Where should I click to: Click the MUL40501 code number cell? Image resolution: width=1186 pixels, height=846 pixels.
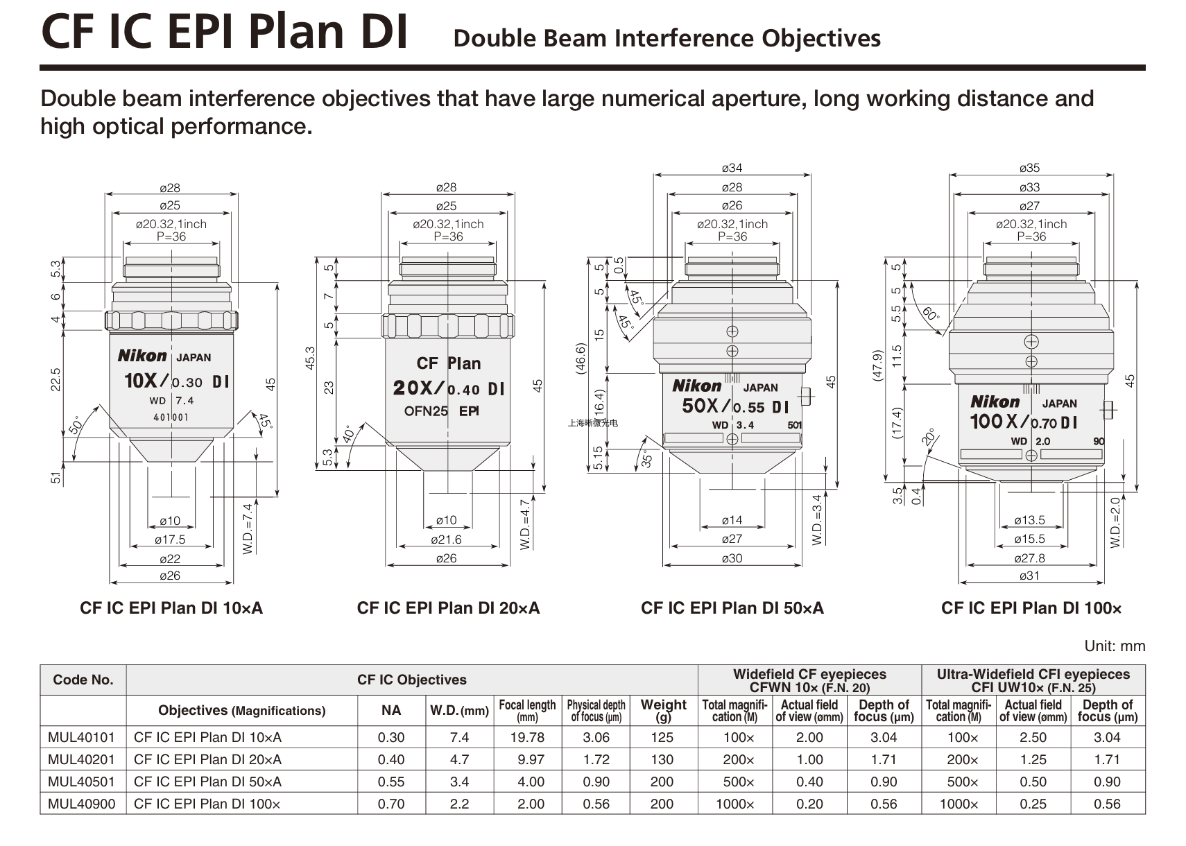click(81, 782)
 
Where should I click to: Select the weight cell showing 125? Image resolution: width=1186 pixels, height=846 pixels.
click(662, 737)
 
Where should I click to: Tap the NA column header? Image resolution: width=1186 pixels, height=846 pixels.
click(391, 710)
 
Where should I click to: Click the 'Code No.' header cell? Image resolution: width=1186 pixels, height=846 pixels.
click(83, 680)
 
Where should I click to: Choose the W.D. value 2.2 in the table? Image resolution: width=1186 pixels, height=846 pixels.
click(459, 804)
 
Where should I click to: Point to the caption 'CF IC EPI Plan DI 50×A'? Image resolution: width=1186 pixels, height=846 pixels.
click(732, 608)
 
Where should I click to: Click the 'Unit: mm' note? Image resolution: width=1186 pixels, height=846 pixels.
click(1115, 646)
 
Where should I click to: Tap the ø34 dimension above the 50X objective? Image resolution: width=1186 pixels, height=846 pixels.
click(732, 168)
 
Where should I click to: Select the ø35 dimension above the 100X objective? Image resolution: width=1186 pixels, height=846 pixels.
click(1029, 168)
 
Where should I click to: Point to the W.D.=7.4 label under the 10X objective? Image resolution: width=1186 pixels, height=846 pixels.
click(248, 528)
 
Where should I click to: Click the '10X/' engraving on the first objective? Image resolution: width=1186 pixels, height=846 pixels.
click(146, 381)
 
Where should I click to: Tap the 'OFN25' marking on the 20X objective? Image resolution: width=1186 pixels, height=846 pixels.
click(426, 411)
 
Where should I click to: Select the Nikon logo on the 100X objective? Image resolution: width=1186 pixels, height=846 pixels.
click(995, 402)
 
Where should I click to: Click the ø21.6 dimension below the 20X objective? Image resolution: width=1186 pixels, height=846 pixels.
click(446, 539)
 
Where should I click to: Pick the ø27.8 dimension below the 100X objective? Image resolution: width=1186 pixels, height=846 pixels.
click(1029, 558)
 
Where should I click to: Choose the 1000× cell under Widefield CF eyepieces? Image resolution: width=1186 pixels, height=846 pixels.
click(734, 804)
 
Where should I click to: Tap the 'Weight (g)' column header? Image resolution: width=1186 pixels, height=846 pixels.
click(663, 710)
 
